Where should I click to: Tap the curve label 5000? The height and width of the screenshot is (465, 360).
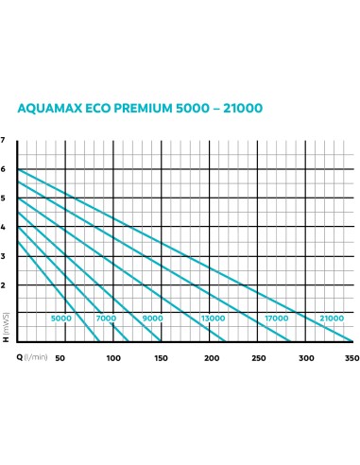(x=61, y=319)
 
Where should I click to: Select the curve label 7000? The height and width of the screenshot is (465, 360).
(x=107, y=319)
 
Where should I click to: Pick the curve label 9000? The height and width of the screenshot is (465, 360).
(x=152, y=319)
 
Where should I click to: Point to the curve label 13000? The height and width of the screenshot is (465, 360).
(x=212, y=319)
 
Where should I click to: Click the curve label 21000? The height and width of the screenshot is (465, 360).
(x=332, y=319)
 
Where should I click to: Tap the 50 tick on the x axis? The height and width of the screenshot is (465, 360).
(x=60, y=357)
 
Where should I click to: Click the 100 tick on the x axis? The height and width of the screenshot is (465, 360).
(x=113, y=357)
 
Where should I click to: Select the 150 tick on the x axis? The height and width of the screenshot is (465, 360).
(x=161, y=357)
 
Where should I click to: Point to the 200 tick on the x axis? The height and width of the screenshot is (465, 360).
(x=209, y=357)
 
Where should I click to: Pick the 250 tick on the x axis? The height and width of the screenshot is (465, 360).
(x=257, y=357)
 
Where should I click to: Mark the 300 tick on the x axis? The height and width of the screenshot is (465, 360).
(x=304, y=357)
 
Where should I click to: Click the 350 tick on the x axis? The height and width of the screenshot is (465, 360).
(x=352, y=357)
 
